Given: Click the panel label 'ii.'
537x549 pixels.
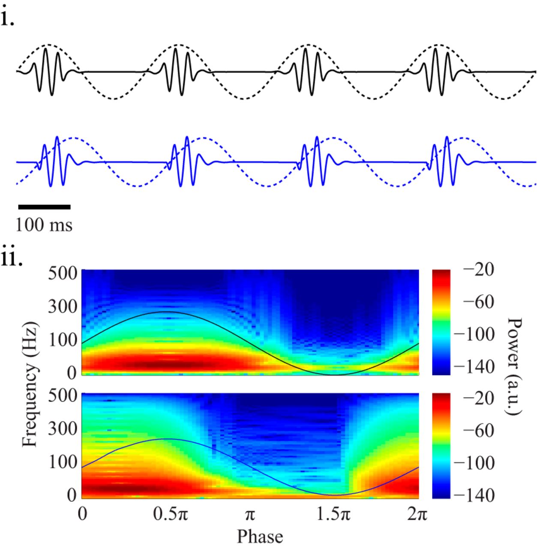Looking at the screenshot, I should pyautogui.click(x=12, y=258).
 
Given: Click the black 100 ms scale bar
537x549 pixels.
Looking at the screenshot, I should pyautogui.click(x=44, y=207).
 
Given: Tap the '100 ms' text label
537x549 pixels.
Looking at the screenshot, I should pyautogui.click(x=44, y=225).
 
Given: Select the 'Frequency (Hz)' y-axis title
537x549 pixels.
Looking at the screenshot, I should pyautogui.click(x=30, y=384).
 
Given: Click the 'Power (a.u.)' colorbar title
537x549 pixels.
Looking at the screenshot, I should pyautogui.click(x=513, y=367).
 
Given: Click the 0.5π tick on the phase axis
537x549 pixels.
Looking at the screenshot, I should pyautogui.click(x=171, y=514).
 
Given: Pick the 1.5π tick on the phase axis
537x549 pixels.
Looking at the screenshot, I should pyautogui.click(x=333, y=514).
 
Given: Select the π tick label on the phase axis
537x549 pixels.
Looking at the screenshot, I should pyautogui.click(x=250, y=514).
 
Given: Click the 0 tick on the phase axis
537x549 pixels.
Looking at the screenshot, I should pyautogui.click(x=82, y=514).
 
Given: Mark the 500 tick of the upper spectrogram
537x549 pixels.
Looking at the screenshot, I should pyautogui.click(x=62, y=273).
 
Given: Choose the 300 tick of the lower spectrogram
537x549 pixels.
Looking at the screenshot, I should pyautogui.click(x=62, y=428).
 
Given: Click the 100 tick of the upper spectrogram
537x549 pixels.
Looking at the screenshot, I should pyautogui.click(x=62, y=340).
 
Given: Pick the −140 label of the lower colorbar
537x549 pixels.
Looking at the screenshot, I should pyautogui.click(x=474, y=495).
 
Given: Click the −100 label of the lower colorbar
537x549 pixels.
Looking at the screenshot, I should pyautogui.click(x=474, y=463).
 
